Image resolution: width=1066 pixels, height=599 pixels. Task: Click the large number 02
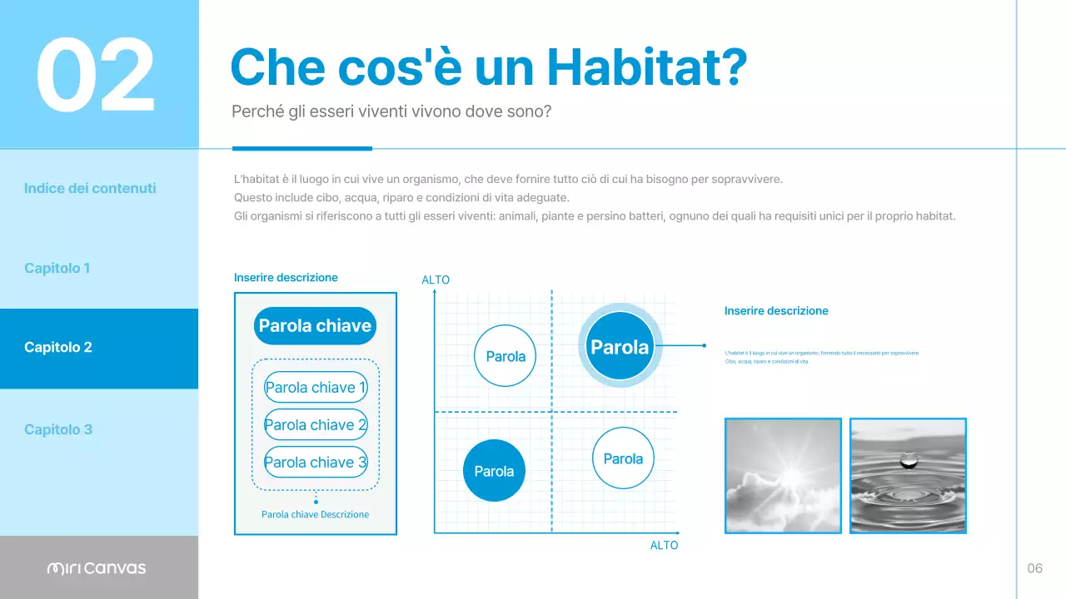coord(96,75)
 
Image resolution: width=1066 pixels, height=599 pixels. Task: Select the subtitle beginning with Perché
coord(391,111)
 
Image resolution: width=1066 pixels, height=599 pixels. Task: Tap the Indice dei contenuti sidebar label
coord(90,188)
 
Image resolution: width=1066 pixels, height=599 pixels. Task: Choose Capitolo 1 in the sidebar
coord(57,268)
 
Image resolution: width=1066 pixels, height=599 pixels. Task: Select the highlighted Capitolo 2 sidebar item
coord(58,348)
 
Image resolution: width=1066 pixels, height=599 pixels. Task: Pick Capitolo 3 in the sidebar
coord(58,429)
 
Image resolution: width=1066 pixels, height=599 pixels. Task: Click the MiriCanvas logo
coord(97,568)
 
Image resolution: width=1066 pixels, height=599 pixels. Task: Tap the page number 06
coord(1034,568)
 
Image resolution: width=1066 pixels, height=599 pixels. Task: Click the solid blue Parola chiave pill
coord(315,326)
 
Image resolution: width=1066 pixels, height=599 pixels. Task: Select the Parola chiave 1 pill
coord(315,388)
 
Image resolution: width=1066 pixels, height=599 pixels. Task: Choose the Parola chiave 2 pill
coord(315,425)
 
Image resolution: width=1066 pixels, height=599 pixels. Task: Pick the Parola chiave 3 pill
coord(315,463)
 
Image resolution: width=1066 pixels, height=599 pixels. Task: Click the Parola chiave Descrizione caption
coord(315,514)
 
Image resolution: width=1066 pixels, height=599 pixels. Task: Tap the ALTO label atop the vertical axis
coord(436,280)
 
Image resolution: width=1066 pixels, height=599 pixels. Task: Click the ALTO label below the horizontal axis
coord(664,545)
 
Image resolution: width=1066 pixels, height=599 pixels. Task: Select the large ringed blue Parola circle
coord(619,347)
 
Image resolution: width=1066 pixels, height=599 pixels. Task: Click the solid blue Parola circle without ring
coord(494,471)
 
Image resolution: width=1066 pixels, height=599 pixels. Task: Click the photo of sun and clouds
coord(783,475)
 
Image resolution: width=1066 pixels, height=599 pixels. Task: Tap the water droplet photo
coord(908,475)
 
